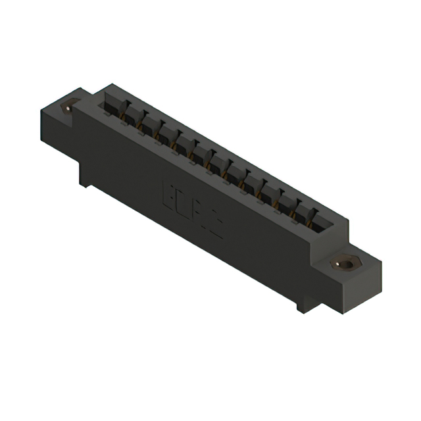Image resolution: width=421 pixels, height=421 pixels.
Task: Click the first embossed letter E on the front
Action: [167, 191]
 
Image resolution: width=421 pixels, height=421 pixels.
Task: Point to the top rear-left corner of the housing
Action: [112, 85]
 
